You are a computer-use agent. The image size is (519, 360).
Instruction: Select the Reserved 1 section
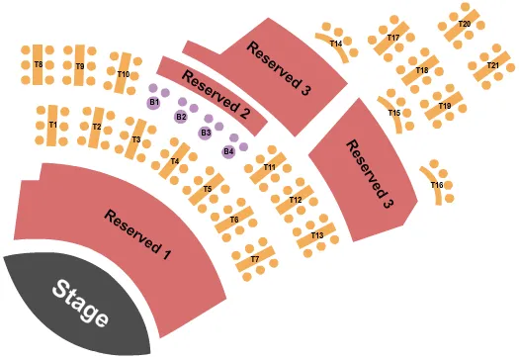[138, 233]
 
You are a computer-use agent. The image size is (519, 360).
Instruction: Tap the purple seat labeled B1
[154, 102]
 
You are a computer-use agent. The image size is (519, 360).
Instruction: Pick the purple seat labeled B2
[181, 117]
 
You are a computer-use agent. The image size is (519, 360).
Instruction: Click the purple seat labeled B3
[206, 133]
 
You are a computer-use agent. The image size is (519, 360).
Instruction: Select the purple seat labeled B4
[229, 150]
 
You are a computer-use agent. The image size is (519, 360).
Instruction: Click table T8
[39, 64]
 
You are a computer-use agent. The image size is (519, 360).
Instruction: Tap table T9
[79, 65]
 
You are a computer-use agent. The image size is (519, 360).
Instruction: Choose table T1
[52, 126]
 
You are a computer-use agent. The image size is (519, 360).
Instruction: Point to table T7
[255, 258]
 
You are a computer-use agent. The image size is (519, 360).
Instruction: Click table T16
[436, 185]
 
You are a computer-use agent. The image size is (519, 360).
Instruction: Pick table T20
[462, 23]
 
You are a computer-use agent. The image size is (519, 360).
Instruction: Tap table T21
[492, 65]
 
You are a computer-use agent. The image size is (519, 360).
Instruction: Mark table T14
[337, 44]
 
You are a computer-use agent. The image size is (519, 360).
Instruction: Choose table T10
[124, 73]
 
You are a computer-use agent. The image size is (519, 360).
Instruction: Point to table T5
[208, 188]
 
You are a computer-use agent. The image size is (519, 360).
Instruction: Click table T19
[445, 106]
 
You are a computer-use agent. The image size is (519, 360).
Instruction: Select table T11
[269, 167]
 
